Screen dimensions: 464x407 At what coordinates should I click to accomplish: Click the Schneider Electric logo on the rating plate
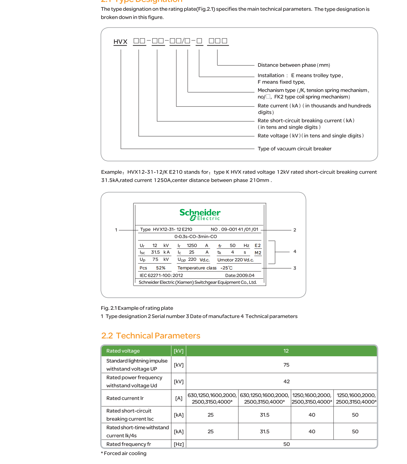click(200, 215)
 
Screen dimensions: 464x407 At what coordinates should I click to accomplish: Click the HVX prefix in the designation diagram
click(120, 42)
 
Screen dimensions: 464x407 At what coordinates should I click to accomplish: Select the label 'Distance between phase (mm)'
click(293, 65)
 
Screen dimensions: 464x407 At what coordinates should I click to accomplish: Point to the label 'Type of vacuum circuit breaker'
click(294, 149)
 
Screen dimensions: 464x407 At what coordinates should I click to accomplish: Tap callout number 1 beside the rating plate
click(116, 230)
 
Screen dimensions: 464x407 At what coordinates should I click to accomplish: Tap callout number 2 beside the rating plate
click(295, 230)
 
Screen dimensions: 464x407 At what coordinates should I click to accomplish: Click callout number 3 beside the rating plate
click(295, 268)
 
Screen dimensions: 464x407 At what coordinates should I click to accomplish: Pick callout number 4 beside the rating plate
click(295, 252)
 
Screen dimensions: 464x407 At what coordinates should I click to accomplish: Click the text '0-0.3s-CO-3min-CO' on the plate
click(196, 236)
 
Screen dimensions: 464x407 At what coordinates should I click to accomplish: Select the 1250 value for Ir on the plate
click(192, 245)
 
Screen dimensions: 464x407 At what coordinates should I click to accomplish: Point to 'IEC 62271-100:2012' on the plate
click(161, 276)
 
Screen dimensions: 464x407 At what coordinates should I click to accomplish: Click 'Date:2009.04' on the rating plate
click(240, 276)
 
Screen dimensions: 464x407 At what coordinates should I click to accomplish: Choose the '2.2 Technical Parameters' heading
click(151, 336)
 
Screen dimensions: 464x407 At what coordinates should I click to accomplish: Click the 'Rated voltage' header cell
click(123, 351)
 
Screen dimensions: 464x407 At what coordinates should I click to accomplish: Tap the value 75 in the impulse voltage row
click(286, 365)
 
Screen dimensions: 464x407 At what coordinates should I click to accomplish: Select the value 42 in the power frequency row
click(286, 381)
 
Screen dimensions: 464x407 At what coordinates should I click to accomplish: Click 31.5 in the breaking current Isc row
click(265, 415)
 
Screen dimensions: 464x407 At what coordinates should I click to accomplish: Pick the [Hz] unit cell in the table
click(179, 444)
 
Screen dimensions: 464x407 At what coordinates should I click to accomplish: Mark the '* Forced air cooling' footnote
click(124, 453)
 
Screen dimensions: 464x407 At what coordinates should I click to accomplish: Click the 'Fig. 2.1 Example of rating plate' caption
click(137, 308)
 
